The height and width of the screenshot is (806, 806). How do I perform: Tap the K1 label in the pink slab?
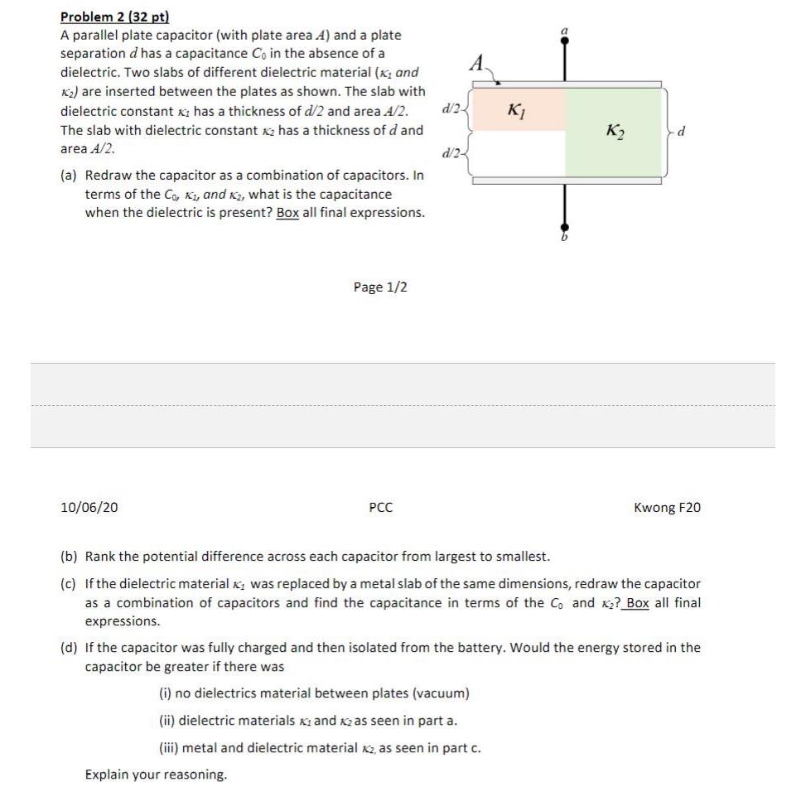[515, 109]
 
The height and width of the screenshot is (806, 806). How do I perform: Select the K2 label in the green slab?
[615, 130]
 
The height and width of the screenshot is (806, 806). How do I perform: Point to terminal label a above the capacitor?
[565, 31]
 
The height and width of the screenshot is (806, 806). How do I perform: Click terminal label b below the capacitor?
[565, 239]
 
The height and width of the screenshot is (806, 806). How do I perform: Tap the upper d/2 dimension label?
[452, 108]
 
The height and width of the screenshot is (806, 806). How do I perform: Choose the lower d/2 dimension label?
[452, 153]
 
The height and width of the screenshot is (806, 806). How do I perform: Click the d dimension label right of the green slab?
[683, 131]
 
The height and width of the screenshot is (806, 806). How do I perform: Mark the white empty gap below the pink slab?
[518, 153]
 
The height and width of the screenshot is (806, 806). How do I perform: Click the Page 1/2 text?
[380, 287]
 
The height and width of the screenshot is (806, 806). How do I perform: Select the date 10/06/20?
[89, 507]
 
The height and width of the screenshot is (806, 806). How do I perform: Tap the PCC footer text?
[380, 507]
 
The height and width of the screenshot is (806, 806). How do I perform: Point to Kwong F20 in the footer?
[667, 507]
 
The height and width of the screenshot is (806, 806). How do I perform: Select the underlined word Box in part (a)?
[287, 212]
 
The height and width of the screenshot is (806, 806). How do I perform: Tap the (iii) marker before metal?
[168, 748]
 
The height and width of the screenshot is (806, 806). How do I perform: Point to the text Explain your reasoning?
[156, 775]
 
